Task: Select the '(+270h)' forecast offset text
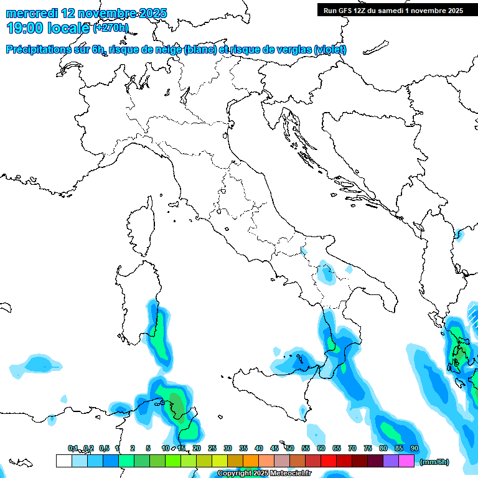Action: pyautogui.click(x=111, y=28)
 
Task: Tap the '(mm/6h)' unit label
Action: pyautogui.click(x=434, y=462)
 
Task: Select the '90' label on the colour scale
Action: pyautogui.click(x=414, y=449)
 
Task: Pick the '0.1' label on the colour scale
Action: pyautogui.click(x=73, y=449)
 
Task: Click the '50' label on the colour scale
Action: pyautogui.click(x=289, y=449)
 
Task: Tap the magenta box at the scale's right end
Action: pyautogui.click(x=406, y=461)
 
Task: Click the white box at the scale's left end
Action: pyautogui.click(x=63, y=461)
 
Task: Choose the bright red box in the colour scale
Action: pyautogui.click(x=329, y=461)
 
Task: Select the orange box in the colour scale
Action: pyautogui.click(x=251, y=461)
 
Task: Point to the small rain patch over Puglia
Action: pyautogui.click(x=324, y=272)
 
